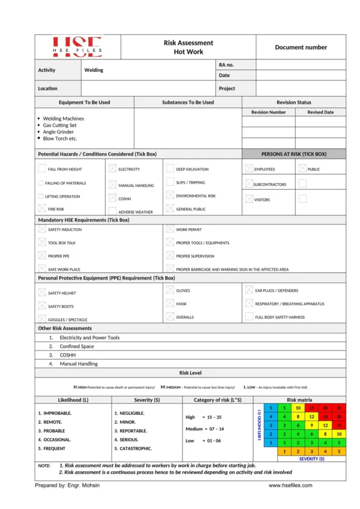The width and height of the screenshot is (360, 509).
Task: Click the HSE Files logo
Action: [x=77, y=47]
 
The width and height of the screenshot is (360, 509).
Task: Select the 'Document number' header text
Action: [x=301, y=47]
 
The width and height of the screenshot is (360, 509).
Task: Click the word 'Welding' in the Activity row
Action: [x=94, y=70]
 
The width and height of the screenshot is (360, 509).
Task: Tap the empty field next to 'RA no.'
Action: [x=301, y=65]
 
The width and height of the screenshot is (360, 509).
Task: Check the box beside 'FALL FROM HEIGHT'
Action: [x=41, y=169]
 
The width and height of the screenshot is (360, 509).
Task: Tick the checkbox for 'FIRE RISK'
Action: [x=41, y=208]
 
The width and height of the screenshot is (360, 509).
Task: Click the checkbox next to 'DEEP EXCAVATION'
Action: [x=170, y=169]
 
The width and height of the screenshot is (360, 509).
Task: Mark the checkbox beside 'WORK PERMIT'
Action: [x=170, y=229]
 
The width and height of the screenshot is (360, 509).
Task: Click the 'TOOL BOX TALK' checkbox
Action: [x=41, y=242]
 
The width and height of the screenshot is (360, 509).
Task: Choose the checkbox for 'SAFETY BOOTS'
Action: [x=41, y=306]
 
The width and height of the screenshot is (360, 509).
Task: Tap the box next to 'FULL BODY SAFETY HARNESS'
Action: [x=249, y=316]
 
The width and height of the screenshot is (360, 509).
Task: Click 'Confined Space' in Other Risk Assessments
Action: [x=77, y=346]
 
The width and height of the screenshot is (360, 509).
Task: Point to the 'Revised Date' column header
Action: [x=320, y=112]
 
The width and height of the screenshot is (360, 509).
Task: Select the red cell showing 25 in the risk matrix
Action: [x=339, y=408]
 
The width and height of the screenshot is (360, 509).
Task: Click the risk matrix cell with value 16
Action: [x=325, y=417]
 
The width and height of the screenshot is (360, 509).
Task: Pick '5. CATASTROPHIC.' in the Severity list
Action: [x=133, y=448]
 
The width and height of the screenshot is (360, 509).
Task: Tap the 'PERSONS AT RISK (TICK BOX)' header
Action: [x=294, y=154]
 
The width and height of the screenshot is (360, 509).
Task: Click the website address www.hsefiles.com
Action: [x=290, y=486]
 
